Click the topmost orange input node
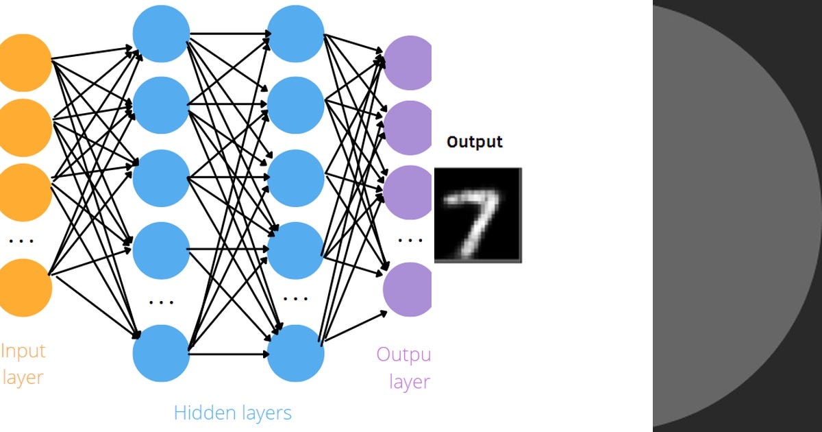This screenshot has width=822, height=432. click(x=24, y=62)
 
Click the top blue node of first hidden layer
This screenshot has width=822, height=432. click(x=160, y=33)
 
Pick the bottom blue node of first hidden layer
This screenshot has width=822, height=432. click(x=160, y=353)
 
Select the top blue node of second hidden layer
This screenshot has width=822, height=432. click(x=295, y=33)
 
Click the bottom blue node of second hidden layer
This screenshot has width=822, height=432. click(x=295, y=353)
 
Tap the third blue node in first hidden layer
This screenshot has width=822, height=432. click(x=160, y=177)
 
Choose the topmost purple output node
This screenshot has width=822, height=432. click(x=408, y=62)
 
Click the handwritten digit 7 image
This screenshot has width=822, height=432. click(x=477, y=214)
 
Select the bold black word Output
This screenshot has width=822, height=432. click(x=474, y=142)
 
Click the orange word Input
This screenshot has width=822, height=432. click(x=23, y=351)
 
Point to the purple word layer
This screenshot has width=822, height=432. click(x=409, y=382)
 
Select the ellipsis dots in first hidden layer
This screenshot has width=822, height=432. click(x=161, y=302)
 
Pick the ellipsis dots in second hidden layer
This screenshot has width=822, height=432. click(x=295, y=299)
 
